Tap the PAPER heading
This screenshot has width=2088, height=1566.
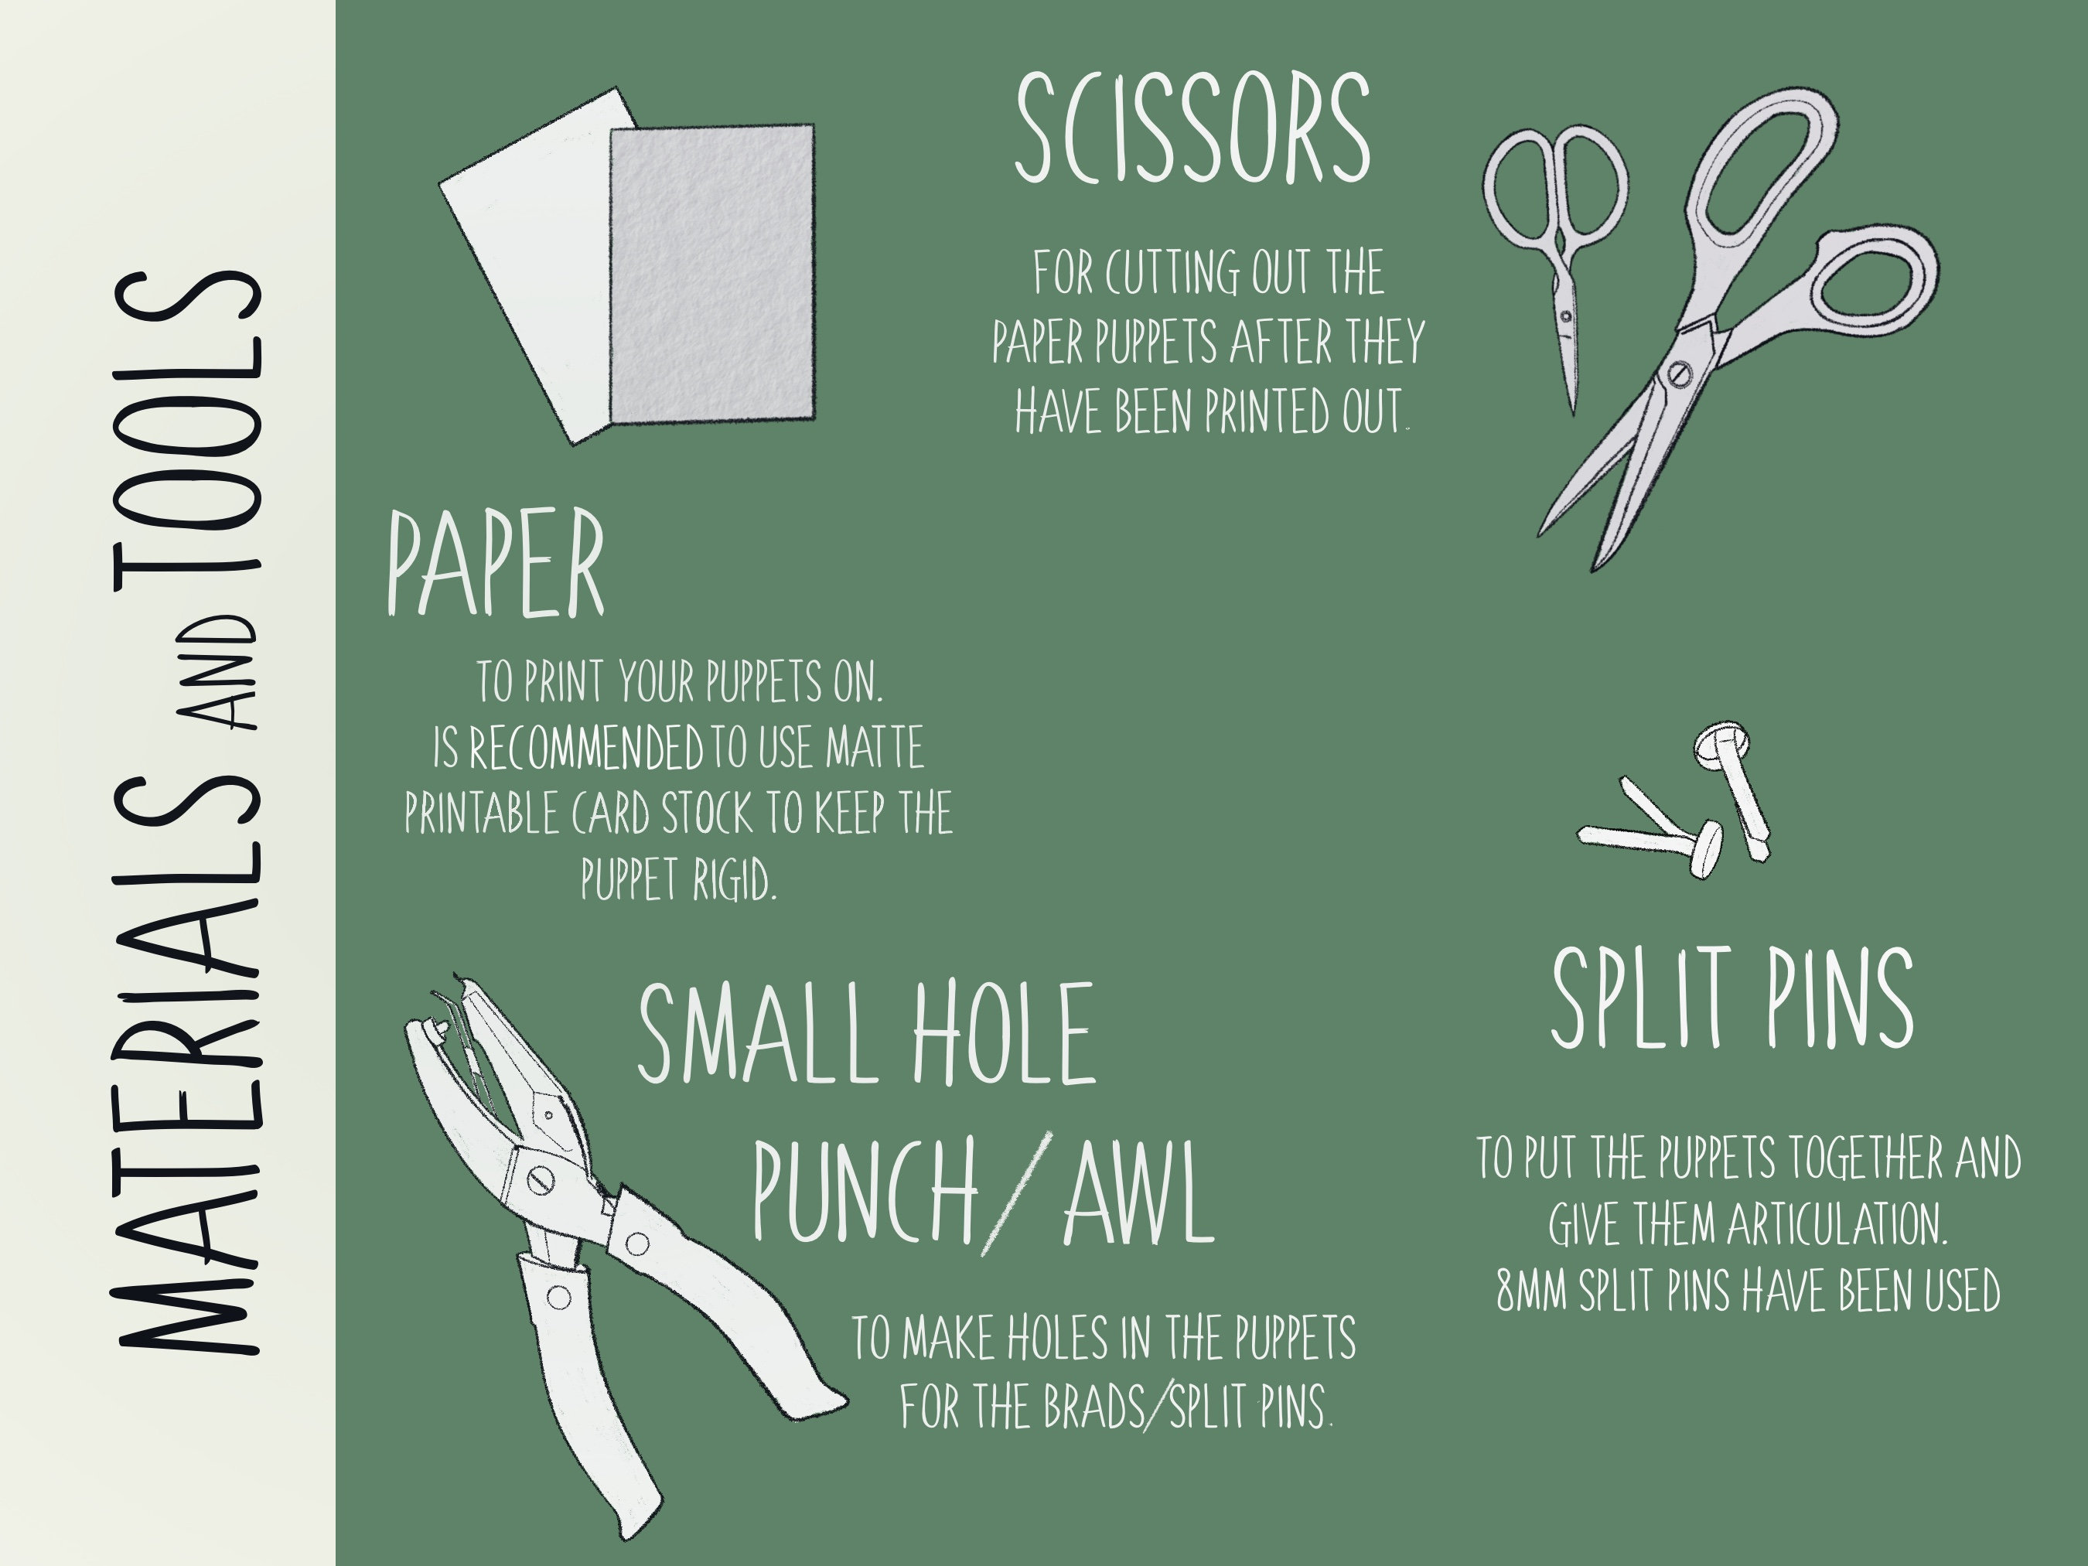coord(495,565)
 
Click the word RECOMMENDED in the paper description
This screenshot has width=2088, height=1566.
coord(586,749)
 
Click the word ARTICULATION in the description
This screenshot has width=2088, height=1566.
coord(1836,1225)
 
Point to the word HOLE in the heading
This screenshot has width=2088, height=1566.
coord(1002,1034)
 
